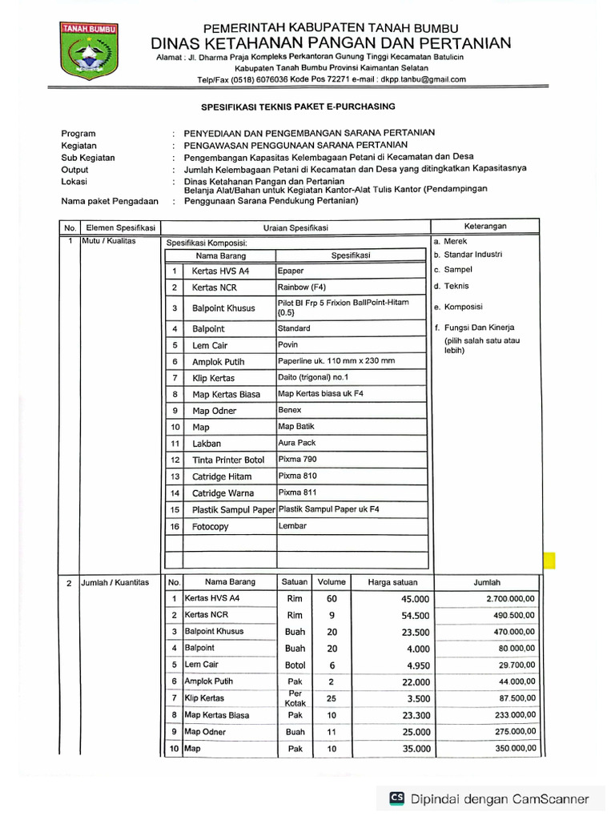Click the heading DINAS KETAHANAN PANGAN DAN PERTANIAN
(332, 42)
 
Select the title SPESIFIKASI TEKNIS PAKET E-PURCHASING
(297, 107)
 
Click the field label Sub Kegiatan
(88, 157)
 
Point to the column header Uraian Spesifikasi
(295, 228)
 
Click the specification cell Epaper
(291, 271)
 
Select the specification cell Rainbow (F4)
(302, 287)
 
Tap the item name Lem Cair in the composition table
(209, 345)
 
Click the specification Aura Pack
(296, 443)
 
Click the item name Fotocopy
(211, 527)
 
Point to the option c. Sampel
(452, 270)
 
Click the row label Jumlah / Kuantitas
(115, 583)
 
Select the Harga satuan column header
(392, 582)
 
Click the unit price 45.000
(416, 600)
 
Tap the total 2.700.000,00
(511, 599)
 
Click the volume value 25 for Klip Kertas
(332, 699)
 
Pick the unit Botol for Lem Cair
(295, 665)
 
